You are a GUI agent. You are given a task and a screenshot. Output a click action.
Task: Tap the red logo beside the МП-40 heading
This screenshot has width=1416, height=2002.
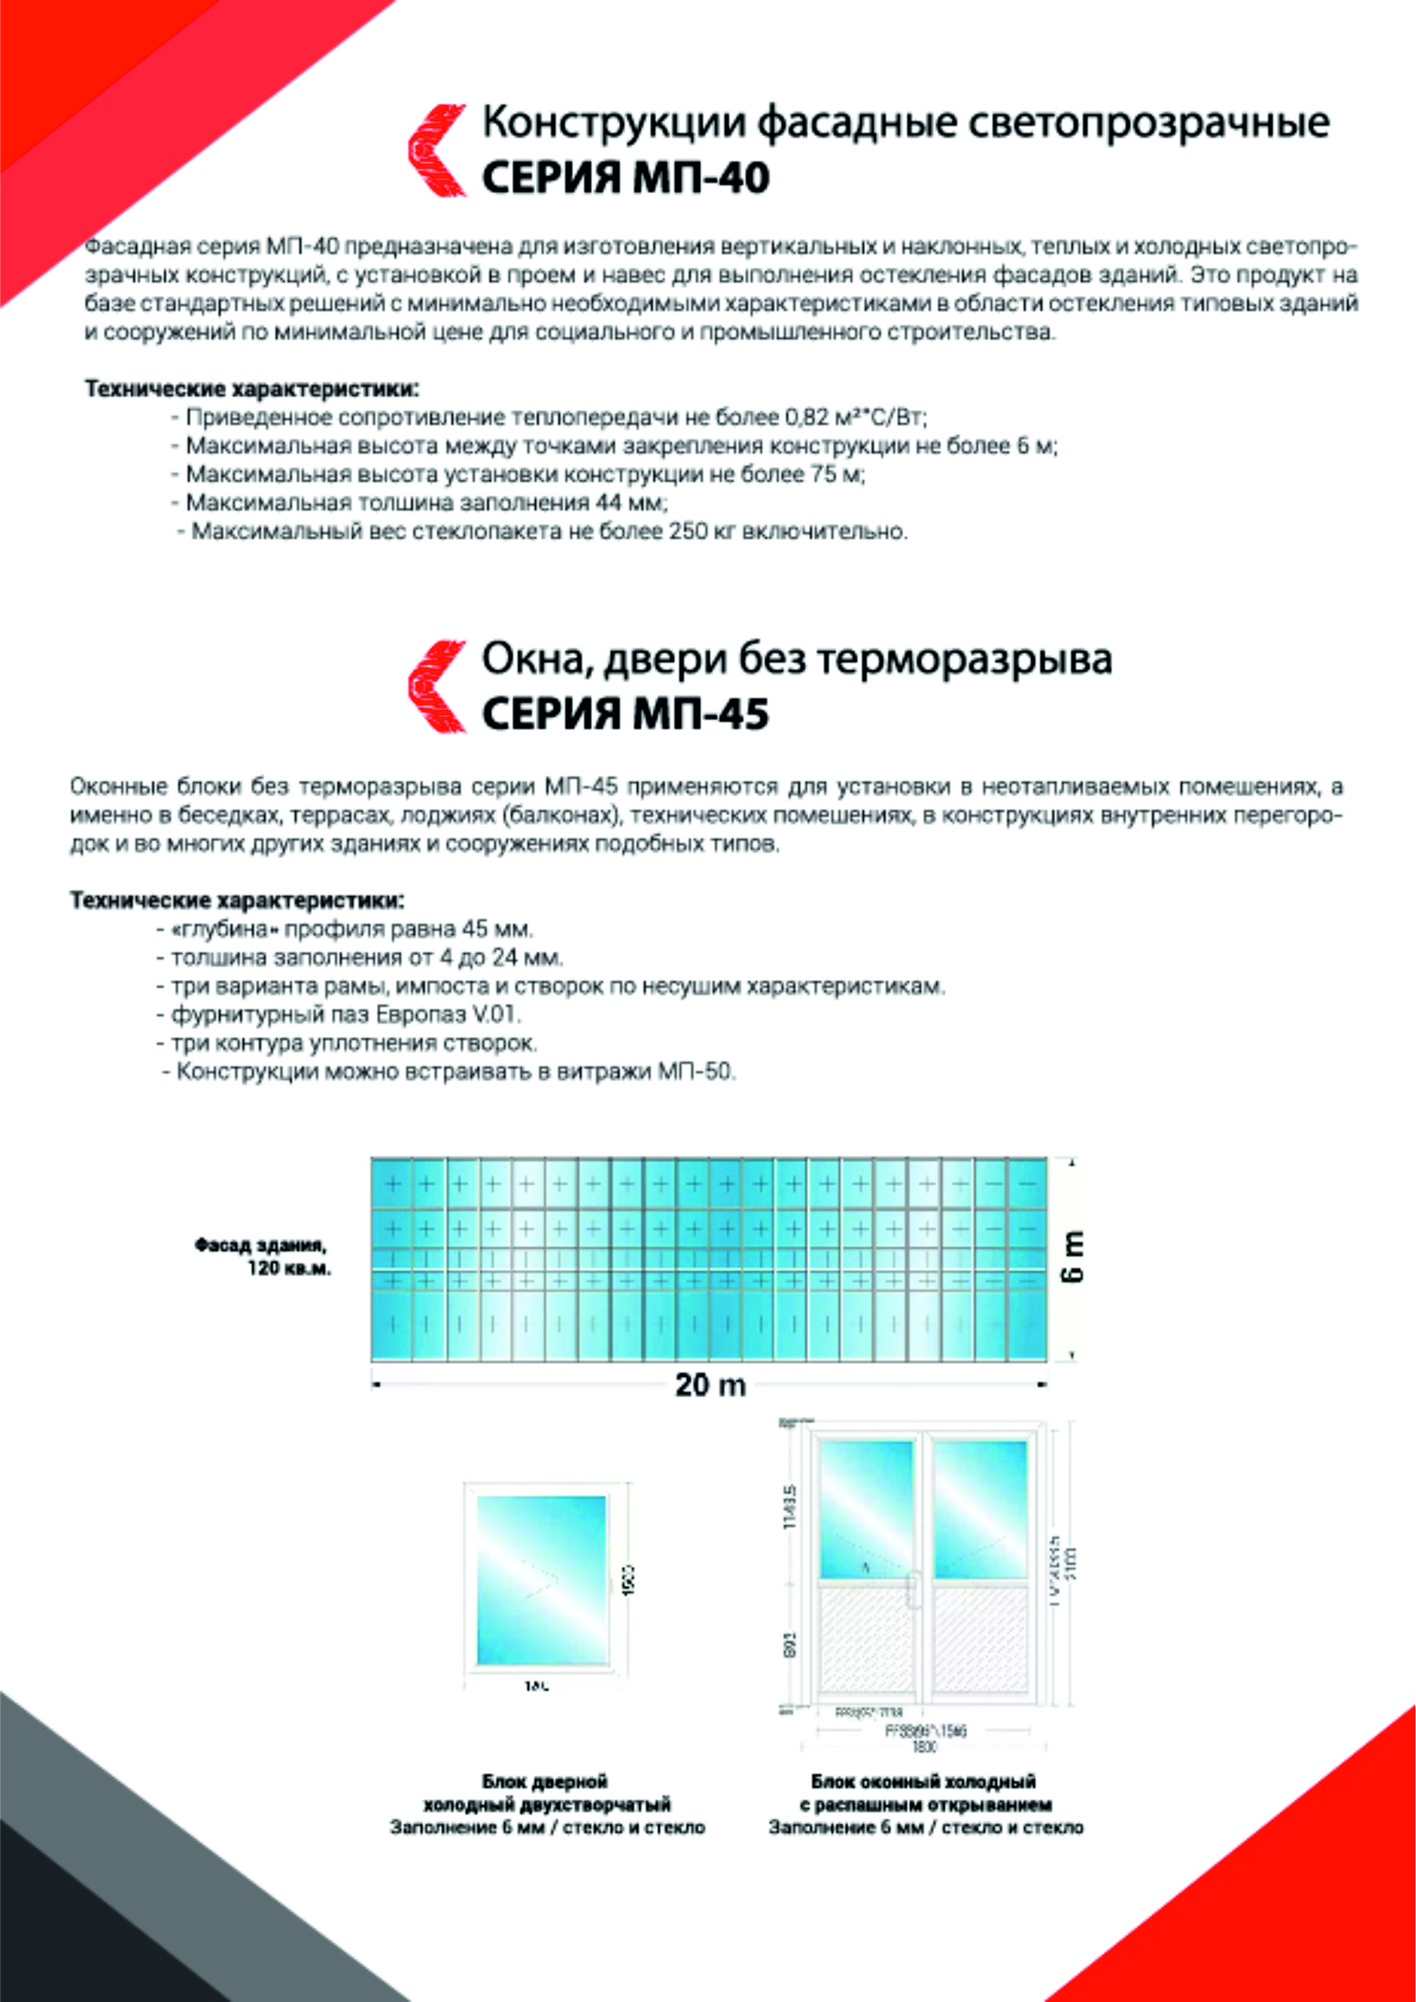click(x=436, y=150)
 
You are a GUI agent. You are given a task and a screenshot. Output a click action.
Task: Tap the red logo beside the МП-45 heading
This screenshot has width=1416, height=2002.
click(x=436, y=686)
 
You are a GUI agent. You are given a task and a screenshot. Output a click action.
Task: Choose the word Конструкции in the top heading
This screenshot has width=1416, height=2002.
click(x=614, y=124)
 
